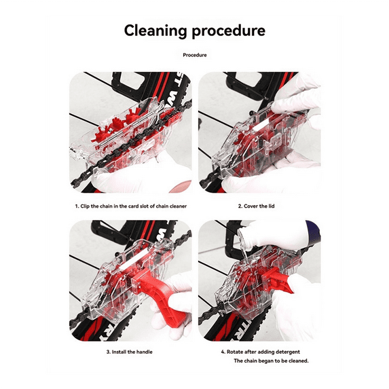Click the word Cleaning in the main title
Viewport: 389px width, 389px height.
tap(155, 31)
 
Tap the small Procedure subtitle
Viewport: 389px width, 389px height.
tap(195, 55)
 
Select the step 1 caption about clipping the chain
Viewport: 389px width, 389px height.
tap(131, 206)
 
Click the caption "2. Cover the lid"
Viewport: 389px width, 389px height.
tap(256, 206)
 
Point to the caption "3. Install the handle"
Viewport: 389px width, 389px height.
tap(129, 352)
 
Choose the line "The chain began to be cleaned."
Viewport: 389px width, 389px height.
tap(271, 360)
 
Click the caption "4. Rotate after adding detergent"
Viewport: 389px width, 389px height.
tap(261, 352)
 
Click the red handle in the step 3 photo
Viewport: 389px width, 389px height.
tap(162, 295)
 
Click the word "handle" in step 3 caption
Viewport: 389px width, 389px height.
tap(145, 352)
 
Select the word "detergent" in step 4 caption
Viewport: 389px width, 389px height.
tap(288, 352)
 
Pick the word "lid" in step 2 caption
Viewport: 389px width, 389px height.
tap(271, 206)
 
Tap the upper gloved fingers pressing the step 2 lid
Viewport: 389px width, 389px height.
tap(295, 97)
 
